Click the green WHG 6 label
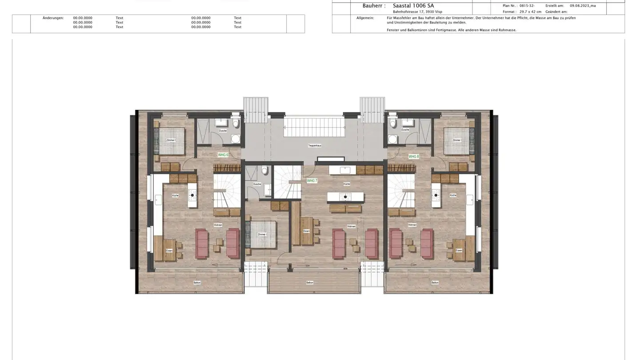tap(223, 155)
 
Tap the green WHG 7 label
tap(312, 181)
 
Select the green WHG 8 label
tap(413, 157)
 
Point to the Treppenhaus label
tap(314, 146)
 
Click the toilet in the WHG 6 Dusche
tap(236, 123)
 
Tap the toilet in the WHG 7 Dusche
tap(264, 170)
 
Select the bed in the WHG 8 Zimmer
tap(457, 141)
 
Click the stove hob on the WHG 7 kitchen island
tap(345, 197)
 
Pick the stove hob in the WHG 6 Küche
tap(192, 195)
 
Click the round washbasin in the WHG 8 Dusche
tap(392, 140)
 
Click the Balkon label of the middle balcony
tap(310, 283)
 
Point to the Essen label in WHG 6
tap(169, 251)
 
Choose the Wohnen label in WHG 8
tap(412, 225)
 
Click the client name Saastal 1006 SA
tap(413, 6)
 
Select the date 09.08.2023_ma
tap(583, 6)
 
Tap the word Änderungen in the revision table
tap(53, 18)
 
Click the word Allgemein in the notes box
tap(365, 18)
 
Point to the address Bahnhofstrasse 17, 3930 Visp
tap(417, 12)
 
